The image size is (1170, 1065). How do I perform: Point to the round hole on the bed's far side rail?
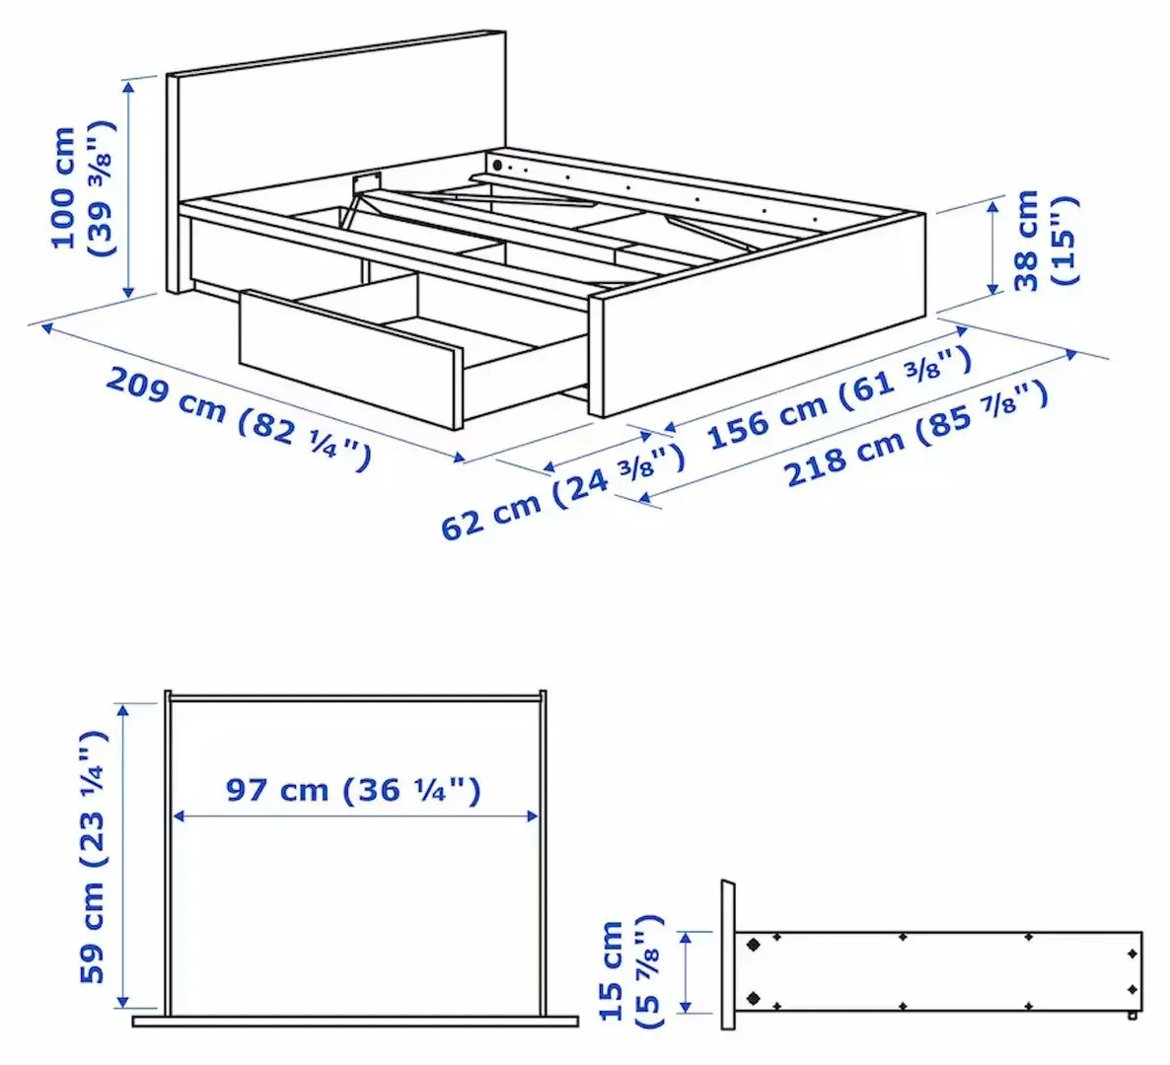pos(498,164)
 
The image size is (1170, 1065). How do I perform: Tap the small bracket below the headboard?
pos(367,180)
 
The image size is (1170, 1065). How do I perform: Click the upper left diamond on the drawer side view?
pos(755,944)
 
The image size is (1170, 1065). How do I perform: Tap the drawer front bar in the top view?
pos(355,1022)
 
